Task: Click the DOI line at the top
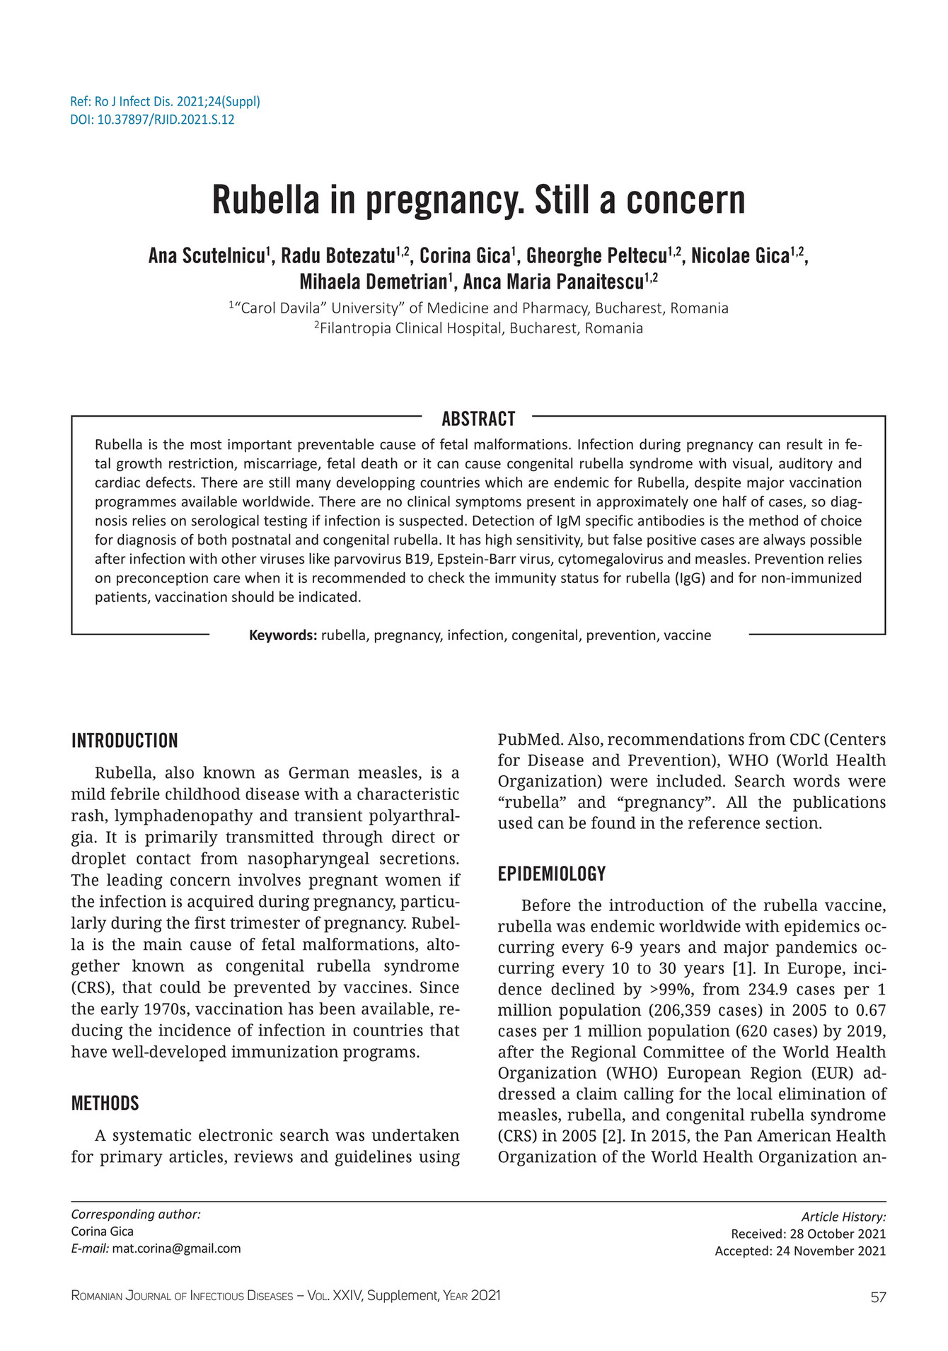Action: [152, 120]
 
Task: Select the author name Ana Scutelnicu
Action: [207, 256]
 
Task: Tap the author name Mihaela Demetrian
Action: [373, 282]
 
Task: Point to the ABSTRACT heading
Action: [478, 419]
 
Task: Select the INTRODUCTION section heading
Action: [125, 741]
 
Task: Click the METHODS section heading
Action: [105, 1103]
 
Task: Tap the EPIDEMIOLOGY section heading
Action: [552, 874]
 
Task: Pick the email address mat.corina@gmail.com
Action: [176, 1248]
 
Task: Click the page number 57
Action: [878, 1297]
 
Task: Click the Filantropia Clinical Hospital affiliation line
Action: [478, 328]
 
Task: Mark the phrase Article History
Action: [843, 1217]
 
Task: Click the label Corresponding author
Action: [136, 1214]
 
